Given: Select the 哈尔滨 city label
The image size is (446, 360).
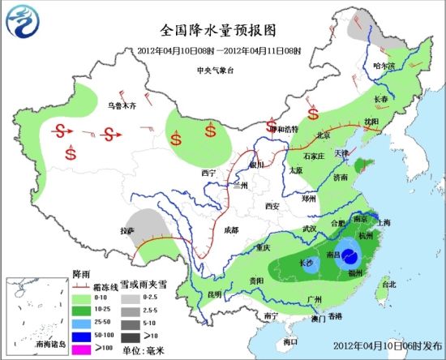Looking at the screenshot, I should point(384,65).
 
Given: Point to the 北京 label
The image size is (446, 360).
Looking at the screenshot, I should point(324,135).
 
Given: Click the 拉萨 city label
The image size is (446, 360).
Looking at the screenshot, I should point(127,231).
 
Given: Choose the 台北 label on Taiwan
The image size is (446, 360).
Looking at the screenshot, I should point(389,285).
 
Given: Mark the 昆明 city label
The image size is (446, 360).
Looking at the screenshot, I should point(214,294).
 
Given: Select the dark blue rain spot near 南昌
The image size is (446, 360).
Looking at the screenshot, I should point(351,258).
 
